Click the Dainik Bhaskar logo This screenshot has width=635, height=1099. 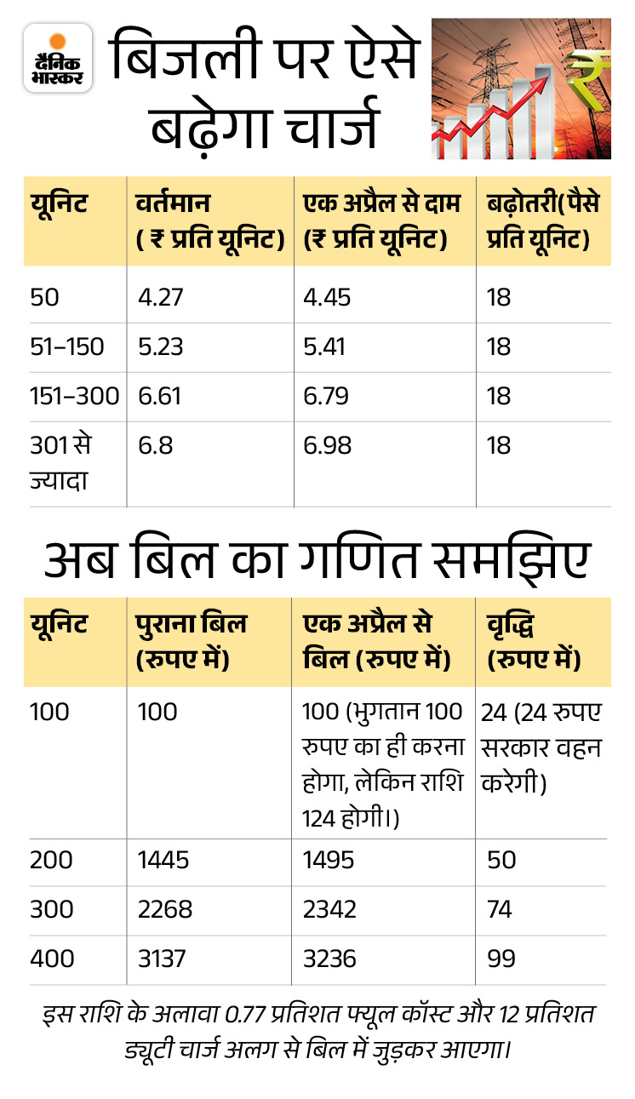point(58,57)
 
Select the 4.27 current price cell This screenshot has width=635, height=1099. point(161,298)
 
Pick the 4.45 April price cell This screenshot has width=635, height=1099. point(327,298)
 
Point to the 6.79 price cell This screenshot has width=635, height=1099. point(327,396)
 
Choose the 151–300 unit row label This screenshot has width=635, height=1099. point(74,396)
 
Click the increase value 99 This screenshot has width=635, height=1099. point(501,959)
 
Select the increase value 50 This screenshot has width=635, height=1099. point(501,860)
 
